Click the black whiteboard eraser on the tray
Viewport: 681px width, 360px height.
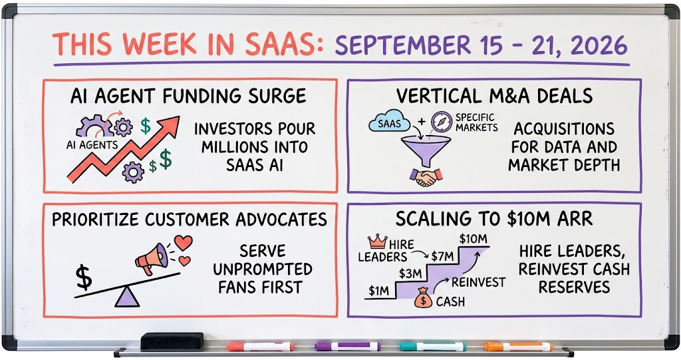pyautogui.click(x=172, y=341)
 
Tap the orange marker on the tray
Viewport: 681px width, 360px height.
pyautogui.click(x=519, y=347)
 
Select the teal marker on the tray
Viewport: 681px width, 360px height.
pyautogui.click(x=432, y=347)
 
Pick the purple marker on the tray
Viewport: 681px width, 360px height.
pyautogui.click(x=347, y=347)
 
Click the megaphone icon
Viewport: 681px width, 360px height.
pyautogui.click(x=152, y=258)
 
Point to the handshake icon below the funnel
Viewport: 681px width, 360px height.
pyautogui.click(x=426, y=177)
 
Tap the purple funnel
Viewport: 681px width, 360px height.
pyautogui.click(x=426, y=150)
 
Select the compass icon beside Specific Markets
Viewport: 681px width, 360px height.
pyautogui.click(x=442, y=122)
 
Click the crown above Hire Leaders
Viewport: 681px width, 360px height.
pyautogui.click(x=377, y=241)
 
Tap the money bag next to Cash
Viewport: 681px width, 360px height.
pyautogui.click(x=422, y=298)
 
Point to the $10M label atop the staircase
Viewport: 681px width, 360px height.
pyautogui.click(x=473, y=239)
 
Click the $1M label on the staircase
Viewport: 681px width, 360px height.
pyautogui.click(x=378, y=290)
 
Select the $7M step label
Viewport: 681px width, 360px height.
pyautogui.click(x=442, y=256)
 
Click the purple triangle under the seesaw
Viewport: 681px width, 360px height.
pyautogui.click(x=127, y=298)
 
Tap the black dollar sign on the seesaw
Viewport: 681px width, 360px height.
pyautogui.click(x=84, y=277)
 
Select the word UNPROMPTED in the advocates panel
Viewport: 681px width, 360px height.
pyautogui.click(x=262, y=269)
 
